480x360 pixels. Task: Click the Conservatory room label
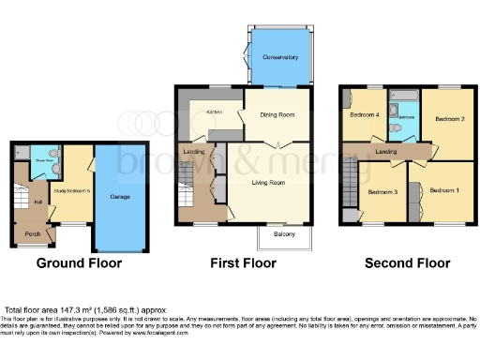point(280,57)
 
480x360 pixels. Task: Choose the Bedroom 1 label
point(444,190)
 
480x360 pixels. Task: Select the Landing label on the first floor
point(194,152)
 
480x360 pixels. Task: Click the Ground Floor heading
point(79,263)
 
